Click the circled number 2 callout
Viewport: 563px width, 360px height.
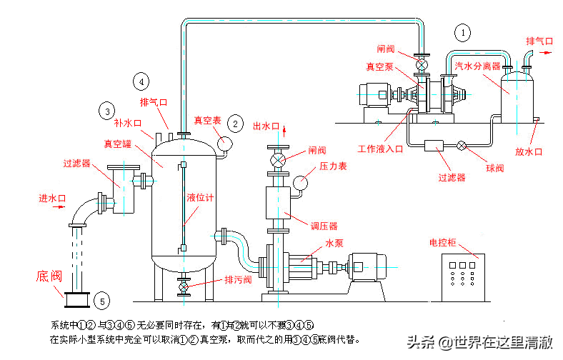[234, 123]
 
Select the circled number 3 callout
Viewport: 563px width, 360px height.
[106, 111]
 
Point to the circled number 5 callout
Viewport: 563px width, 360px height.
[102, 301]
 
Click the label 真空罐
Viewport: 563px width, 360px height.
[117, 144]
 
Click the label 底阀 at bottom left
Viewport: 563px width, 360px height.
[51, 274]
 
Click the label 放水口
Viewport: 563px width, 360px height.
[529, 151]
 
